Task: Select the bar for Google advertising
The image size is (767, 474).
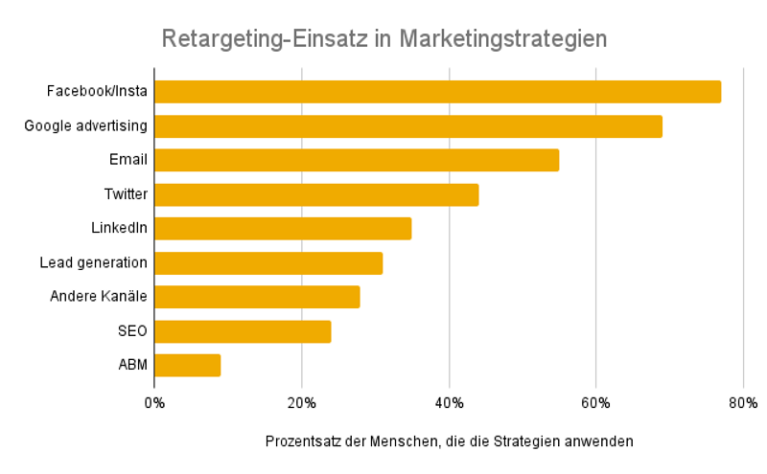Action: click(407, 126)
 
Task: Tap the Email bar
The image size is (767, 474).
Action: click(356, 160)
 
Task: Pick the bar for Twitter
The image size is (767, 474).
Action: click(315, 194)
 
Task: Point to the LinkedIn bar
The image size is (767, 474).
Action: click(282, 228)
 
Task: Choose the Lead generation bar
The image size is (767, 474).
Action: click(267, 262)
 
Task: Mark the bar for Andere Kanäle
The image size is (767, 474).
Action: click(256, 297)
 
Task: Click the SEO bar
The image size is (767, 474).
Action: click(242, 331)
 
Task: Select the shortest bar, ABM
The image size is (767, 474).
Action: click(187, 365)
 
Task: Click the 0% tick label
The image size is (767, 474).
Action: click(154, 402)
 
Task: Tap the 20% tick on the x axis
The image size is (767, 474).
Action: click(301, 402)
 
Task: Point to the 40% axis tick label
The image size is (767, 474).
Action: click(449, 402)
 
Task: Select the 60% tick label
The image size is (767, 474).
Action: click(595, 402)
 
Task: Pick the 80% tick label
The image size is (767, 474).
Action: click(743, 402)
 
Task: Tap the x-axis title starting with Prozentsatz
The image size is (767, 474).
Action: click(449, 441)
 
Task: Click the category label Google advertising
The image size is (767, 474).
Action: click(85, 125)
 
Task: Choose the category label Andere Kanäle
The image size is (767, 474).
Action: click(98, 296)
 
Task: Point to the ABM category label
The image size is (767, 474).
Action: click(132, 365)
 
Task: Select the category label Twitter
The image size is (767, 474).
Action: click(126, 194)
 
